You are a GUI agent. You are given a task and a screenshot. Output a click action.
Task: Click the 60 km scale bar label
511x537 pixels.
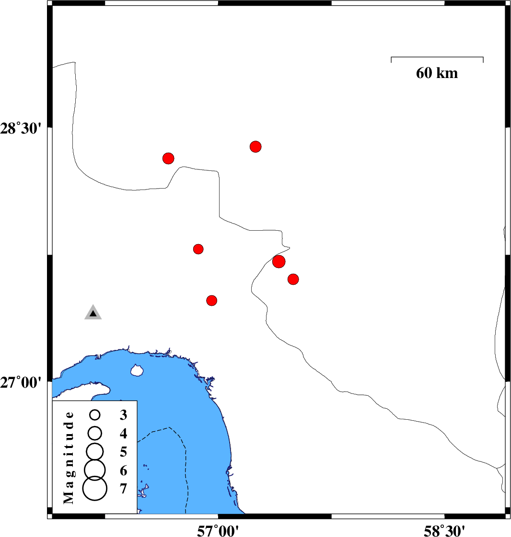point(437,73)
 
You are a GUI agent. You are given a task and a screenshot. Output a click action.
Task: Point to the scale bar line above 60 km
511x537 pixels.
point(437,57)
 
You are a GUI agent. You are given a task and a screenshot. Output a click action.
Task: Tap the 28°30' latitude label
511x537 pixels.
point(21,129)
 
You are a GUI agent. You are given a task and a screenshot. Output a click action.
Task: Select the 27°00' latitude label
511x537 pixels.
point(21,382)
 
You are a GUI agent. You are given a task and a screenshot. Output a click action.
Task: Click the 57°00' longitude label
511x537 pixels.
point(218,530)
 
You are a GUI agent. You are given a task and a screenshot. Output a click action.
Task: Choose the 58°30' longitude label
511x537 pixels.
point(444,530)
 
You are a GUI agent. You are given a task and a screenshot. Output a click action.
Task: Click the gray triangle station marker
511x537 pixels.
point(93,313)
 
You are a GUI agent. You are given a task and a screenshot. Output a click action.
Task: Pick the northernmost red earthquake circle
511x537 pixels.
point(255,146)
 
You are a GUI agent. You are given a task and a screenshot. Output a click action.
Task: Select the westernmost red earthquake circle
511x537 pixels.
point(168,158)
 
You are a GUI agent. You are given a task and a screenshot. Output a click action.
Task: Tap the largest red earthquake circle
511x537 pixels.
point(279,262)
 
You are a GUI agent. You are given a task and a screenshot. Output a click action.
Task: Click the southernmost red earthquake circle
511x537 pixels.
point(211,301)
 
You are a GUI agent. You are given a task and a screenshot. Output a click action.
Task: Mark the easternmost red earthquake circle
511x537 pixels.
point(293,279)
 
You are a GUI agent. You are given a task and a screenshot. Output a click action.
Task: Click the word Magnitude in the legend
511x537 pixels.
point(69,458)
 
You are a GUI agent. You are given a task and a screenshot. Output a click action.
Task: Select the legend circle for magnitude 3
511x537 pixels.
point(95,415)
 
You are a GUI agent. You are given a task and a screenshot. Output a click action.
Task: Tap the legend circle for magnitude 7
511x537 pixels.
point(95,488)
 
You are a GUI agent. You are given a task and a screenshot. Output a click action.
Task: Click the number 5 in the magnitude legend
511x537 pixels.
point(124,452)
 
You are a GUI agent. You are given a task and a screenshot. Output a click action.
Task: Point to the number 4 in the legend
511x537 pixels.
point(124,434)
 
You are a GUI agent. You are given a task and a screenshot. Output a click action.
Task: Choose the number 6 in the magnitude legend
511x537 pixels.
point(124,470)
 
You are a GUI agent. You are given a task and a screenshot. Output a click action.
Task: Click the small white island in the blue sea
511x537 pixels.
point(137,370)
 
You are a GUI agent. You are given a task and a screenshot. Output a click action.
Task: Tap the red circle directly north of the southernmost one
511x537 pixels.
point(198,248)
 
